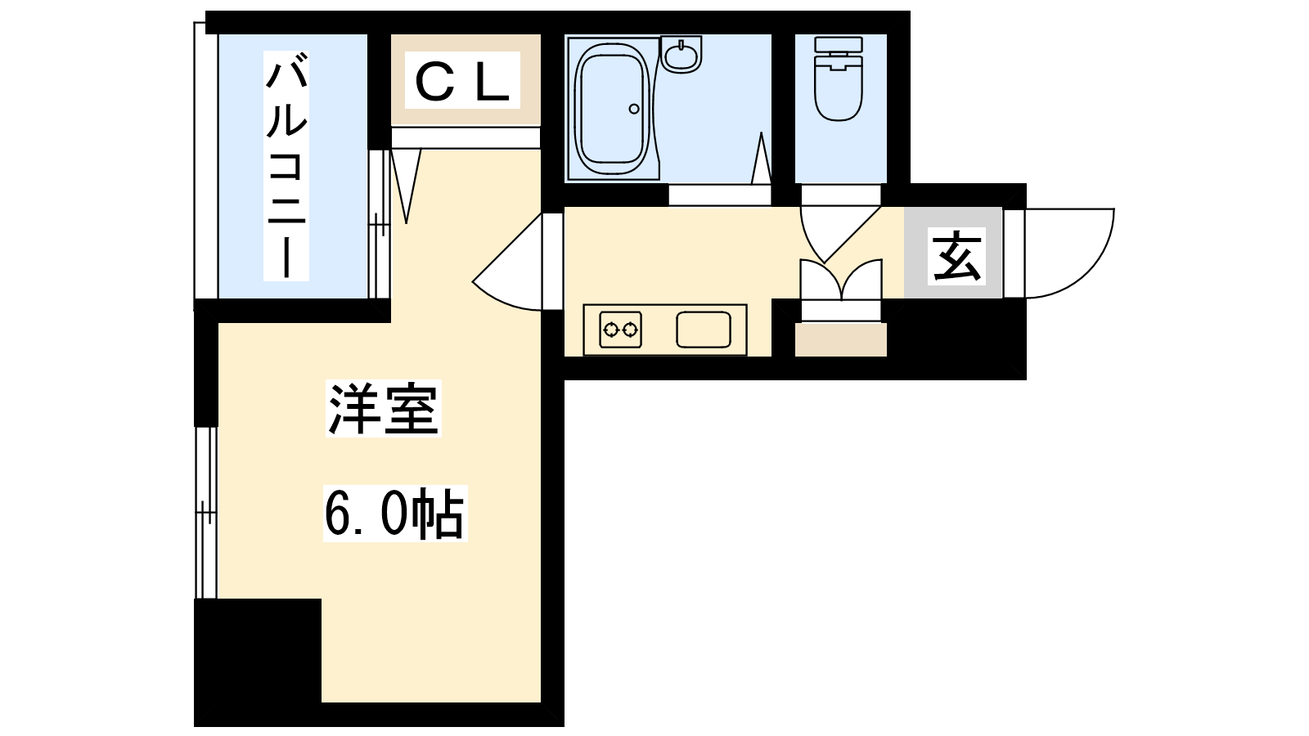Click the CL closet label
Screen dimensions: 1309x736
(x=462, y=80)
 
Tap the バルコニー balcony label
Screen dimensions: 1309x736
(x=286, y=166)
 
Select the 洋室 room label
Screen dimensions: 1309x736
(x=384, y=408)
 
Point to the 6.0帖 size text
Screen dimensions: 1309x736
(x=395, y=514)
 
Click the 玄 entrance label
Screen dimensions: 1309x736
(x=956, y=256)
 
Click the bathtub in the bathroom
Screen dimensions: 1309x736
(x=613, y=109)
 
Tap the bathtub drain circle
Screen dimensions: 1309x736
(x=634, y=109)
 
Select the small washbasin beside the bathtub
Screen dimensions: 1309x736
(x=681, y=54)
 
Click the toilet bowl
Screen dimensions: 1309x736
(x=839, y=91)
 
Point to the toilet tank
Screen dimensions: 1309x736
(x=839, y=44)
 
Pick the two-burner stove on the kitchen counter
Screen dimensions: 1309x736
(x=621, y=330)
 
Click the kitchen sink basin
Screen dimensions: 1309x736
(x=704, y=330)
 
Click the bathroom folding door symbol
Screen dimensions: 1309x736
(x=761, y=159)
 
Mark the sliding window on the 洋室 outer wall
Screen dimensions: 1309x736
(x=205, y=513)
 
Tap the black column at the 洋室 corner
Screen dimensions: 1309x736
(x=258, y=650)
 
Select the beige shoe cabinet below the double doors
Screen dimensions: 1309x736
(x=841, y=340)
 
